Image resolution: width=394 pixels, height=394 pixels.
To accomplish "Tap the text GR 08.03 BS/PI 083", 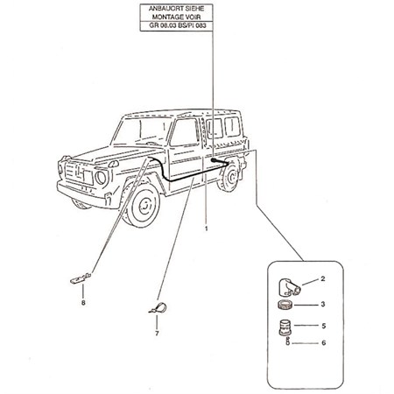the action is click(178, 25).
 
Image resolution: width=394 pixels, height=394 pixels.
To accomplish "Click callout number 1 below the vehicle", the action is click(207, 229).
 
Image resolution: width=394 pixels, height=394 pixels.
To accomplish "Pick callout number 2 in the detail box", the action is click(322, 278).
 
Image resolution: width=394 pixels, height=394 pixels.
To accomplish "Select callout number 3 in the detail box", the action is click(323, 304).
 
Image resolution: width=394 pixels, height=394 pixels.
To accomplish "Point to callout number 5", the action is click(323, 326).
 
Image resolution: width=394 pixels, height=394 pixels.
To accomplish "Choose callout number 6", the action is click(323, 342).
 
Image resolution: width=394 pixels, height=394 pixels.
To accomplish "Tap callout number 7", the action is click(157, 334).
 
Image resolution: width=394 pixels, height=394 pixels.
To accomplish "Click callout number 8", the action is click(83, 303).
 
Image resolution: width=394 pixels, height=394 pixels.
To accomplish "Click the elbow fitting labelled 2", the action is click(288, 287).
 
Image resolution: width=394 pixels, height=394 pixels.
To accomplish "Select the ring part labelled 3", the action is click(285, 306).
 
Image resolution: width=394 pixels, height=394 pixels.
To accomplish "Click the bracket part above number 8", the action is click(81, 278).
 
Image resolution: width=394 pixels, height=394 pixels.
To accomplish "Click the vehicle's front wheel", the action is click(143, 205).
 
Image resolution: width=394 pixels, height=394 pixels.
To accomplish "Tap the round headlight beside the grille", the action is click(101, 177).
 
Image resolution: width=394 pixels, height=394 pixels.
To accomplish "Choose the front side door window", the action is click(185, 132).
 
